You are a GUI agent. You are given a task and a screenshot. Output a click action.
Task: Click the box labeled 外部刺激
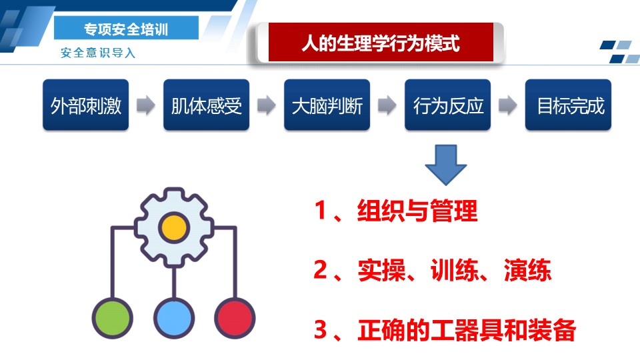(86, 105)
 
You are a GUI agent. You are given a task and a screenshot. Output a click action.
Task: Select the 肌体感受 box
(206, 105)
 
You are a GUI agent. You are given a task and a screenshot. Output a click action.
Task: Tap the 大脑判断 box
(327, 105)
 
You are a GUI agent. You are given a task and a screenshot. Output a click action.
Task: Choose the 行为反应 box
(448, 105)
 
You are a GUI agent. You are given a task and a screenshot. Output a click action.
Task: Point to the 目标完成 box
(568, 105)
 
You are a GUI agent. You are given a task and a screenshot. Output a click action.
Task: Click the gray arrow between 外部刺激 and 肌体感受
(146, 105)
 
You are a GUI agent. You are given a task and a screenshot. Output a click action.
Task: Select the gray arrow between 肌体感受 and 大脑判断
(267, 105)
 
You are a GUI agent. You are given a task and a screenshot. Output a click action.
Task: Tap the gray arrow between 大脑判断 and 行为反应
(387, 105)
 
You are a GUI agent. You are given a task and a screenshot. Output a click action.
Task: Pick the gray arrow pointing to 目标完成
(508, 105)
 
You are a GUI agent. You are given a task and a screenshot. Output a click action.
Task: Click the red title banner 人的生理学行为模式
(381, 42)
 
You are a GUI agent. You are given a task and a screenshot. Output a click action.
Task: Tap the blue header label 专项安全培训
(126, 28)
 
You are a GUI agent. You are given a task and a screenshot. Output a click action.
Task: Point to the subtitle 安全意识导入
(98, 53)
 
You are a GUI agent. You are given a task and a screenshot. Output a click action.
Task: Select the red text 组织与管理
(417, 211)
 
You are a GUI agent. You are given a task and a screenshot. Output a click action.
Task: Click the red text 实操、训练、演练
(454, 270)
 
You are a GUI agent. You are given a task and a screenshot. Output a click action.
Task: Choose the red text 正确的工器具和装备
(467, 330)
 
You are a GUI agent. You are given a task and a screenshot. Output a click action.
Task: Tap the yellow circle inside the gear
(174, 228)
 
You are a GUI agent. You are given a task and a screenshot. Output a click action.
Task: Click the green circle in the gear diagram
(112, 319)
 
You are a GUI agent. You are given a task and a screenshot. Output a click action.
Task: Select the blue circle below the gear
(174, 319)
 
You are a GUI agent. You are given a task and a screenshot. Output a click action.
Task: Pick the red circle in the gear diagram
(235, 319)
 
